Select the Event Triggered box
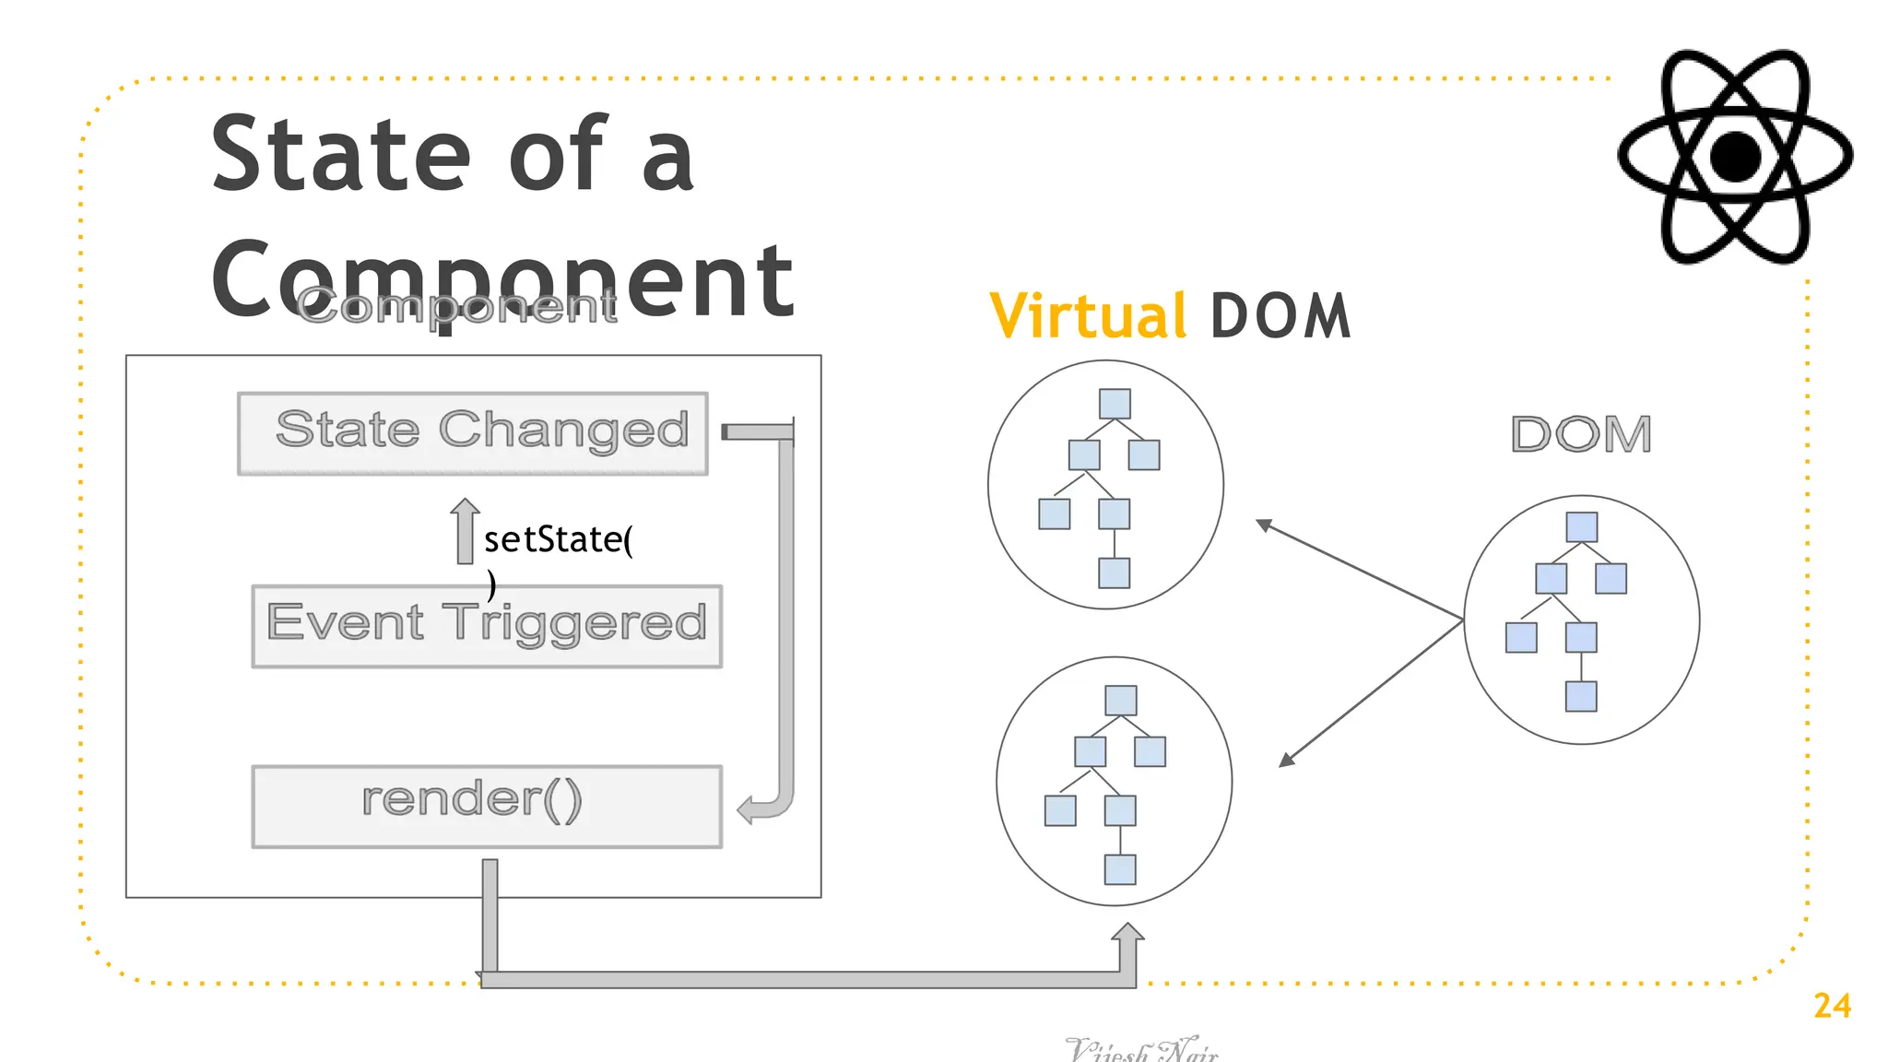[x=487, y=626]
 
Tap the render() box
[x=487, y=806]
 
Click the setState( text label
[x=558, y=540]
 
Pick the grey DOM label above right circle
[x=1581, y=434]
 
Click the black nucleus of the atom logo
[x=1735, y=157]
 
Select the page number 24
[x=1832, y=1006]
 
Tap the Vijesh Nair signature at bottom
[x=1141, y=1049]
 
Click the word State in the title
[x=341, y=155]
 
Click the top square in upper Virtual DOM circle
[x=1115, y=404]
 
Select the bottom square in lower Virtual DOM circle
[x=1120, y=869]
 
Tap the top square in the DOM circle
[x=1581, y=527]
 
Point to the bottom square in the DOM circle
[x=1581, y=696]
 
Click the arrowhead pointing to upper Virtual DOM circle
[x=1263, y=525]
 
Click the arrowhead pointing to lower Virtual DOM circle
[x=1287, y=761]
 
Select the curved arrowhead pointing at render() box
[x=748, y=810]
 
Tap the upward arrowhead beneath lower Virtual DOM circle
[x=1127, y=933]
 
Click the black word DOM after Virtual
[x=1280, y=316]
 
